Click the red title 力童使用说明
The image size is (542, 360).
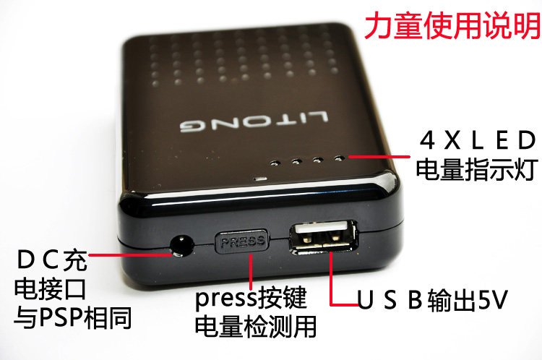pos(452,25)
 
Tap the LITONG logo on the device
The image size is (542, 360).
pos(254,122)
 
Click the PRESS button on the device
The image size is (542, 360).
pos(243,241)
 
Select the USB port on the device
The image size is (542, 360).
pos(324,237)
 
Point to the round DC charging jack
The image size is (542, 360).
pos(182,246)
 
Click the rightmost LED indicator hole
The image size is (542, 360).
pos(340,158)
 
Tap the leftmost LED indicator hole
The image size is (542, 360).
pos(275,162)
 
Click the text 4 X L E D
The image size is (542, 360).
pos(478,140)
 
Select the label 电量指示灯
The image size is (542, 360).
pos(477,169)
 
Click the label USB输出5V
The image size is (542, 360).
pos(432,299)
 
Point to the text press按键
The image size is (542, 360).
pos(251,297)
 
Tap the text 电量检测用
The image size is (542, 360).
pos(255,326)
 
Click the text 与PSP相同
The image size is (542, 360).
pos(73,317)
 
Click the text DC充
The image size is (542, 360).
pos(52,260)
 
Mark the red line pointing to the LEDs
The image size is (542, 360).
pos(379,157)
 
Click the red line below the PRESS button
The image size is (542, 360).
pos(251,272)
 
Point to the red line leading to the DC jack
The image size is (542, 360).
pos(130,255)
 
